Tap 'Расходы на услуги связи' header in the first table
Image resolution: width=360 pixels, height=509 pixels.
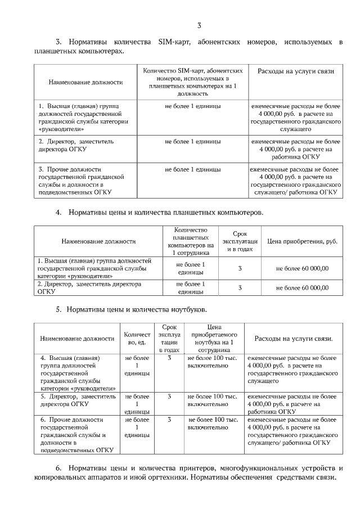tap(296, 71)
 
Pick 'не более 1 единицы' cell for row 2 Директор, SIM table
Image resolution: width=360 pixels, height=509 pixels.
tap(193, 142)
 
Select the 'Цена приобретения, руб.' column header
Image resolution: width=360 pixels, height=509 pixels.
tap(302, 241)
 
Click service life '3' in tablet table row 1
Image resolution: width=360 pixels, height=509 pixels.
tap(240, 269)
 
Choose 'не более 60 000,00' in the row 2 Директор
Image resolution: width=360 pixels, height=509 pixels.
tap(302, 287)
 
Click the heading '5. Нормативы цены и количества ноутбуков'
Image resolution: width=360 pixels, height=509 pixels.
tap(131, 309)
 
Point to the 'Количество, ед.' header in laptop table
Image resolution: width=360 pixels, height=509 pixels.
tap(137, 339)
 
